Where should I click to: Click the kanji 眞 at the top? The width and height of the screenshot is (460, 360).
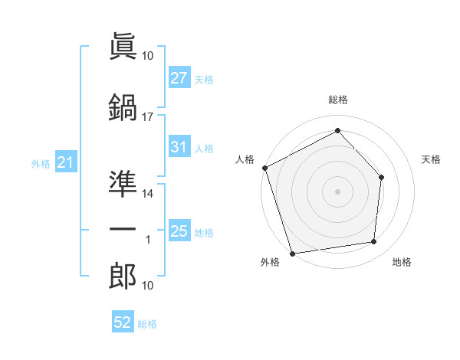click(123, 46)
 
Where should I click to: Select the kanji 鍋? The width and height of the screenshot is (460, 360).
click(123, 107)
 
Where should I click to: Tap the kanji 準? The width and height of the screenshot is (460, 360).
click(123, 184)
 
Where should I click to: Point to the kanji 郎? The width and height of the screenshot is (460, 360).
click(123, 276)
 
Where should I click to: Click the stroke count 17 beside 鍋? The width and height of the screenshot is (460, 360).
click(147, 117)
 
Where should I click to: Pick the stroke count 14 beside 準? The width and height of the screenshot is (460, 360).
click(147, 194)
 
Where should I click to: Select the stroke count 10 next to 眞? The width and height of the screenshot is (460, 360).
click(147, 56)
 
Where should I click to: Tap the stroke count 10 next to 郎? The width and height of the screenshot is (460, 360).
click(147, 286)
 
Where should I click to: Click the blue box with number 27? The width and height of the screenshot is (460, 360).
click(179, 77)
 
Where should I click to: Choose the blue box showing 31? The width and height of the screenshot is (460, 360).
click(179, 146)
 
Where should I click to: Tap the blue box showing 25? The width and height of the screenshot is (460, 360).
click(179, 230)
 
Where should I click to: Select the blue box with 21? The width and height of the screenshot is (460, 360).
click(66, 162)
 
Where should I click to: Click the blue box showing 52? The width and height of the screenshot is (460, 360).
click(123, 321)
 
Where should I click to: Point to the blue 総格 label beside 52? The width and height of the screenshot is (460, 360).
click(147, 324)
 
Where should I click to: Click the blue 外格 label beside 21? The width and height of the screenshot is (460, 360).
click(41, 164)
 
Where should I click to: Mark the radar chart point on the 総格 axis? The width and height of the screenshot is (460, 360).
click(337, 130)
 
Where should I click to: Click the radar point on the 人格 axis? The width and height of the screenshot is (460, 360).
click(265, 168)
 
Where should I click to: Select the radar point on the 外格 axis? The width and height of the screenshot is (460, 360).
click(292, 254)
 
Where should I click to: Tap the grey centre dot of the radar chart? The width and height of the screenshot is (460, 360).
click(337, 191)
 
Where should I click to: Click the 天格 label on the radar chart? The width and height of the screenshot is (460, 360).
click(431, 159)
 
